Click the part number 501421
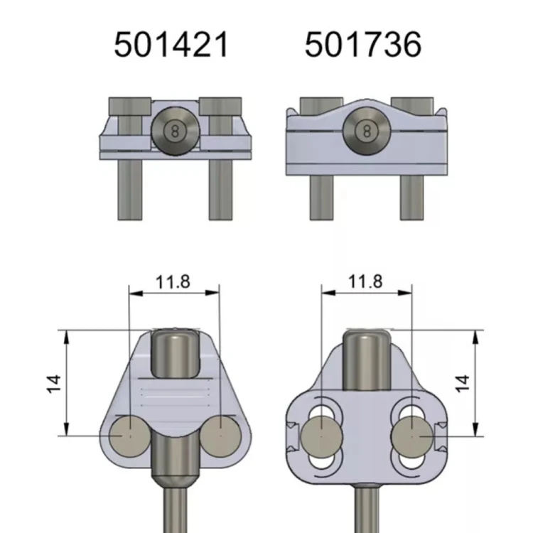pyautogui.click(x=171, y=45)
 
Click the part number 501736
pyautogui.click(x=363, y=45)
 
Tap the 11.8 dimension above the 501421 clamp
pyautogui.click(x=173, y=282)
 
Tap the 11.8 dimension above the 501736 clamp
pyautogui.click(x=365, y=281)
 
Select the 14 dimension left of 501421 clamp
pyautogui.click(x=54, y=384)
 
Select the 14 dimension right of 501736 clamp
pyautogui.click(x=463, y=384)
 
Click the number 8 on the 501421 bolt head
pyautogui.click(x=176, y=131)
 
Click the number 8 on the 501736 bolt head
pyautogui.click(x=367, y=131)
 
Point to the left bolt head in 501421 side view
pyautogui.click(x=130, y=106)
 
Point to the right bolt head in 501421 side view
pyautogui.click(x=220, y=106)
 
